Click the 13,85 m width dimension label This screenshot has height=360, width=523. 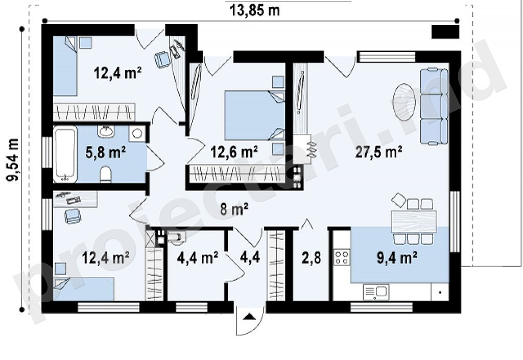255,10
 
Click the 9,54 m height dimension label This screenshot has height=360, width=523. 13,160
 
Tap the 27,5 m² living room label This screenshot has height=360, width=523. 378,152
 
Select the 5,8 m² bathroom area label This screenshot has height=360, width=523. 105,152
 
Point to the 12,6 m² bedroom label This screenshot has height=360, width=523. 234,152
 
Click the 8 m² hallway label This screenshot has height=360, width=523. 234,209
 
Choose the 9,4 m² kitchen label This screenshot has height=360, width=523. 396,258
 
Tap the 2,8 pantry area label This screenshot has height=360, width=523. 312,258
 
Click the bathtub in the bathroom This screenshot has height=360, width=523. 65,154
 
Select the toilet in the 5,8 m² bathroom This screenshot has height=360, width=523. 106,175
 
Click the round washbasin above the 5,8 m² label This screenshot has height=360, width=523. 106,131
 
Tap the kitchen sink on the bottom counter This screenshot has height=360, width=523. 376,292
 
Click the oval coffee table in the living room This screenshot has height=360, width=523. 405,102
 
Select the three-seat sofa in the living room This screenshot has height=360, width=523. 434,106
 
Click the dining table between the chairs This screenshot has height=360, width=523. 414,221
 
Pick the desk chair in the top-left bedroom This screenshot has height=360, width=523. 163,60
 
